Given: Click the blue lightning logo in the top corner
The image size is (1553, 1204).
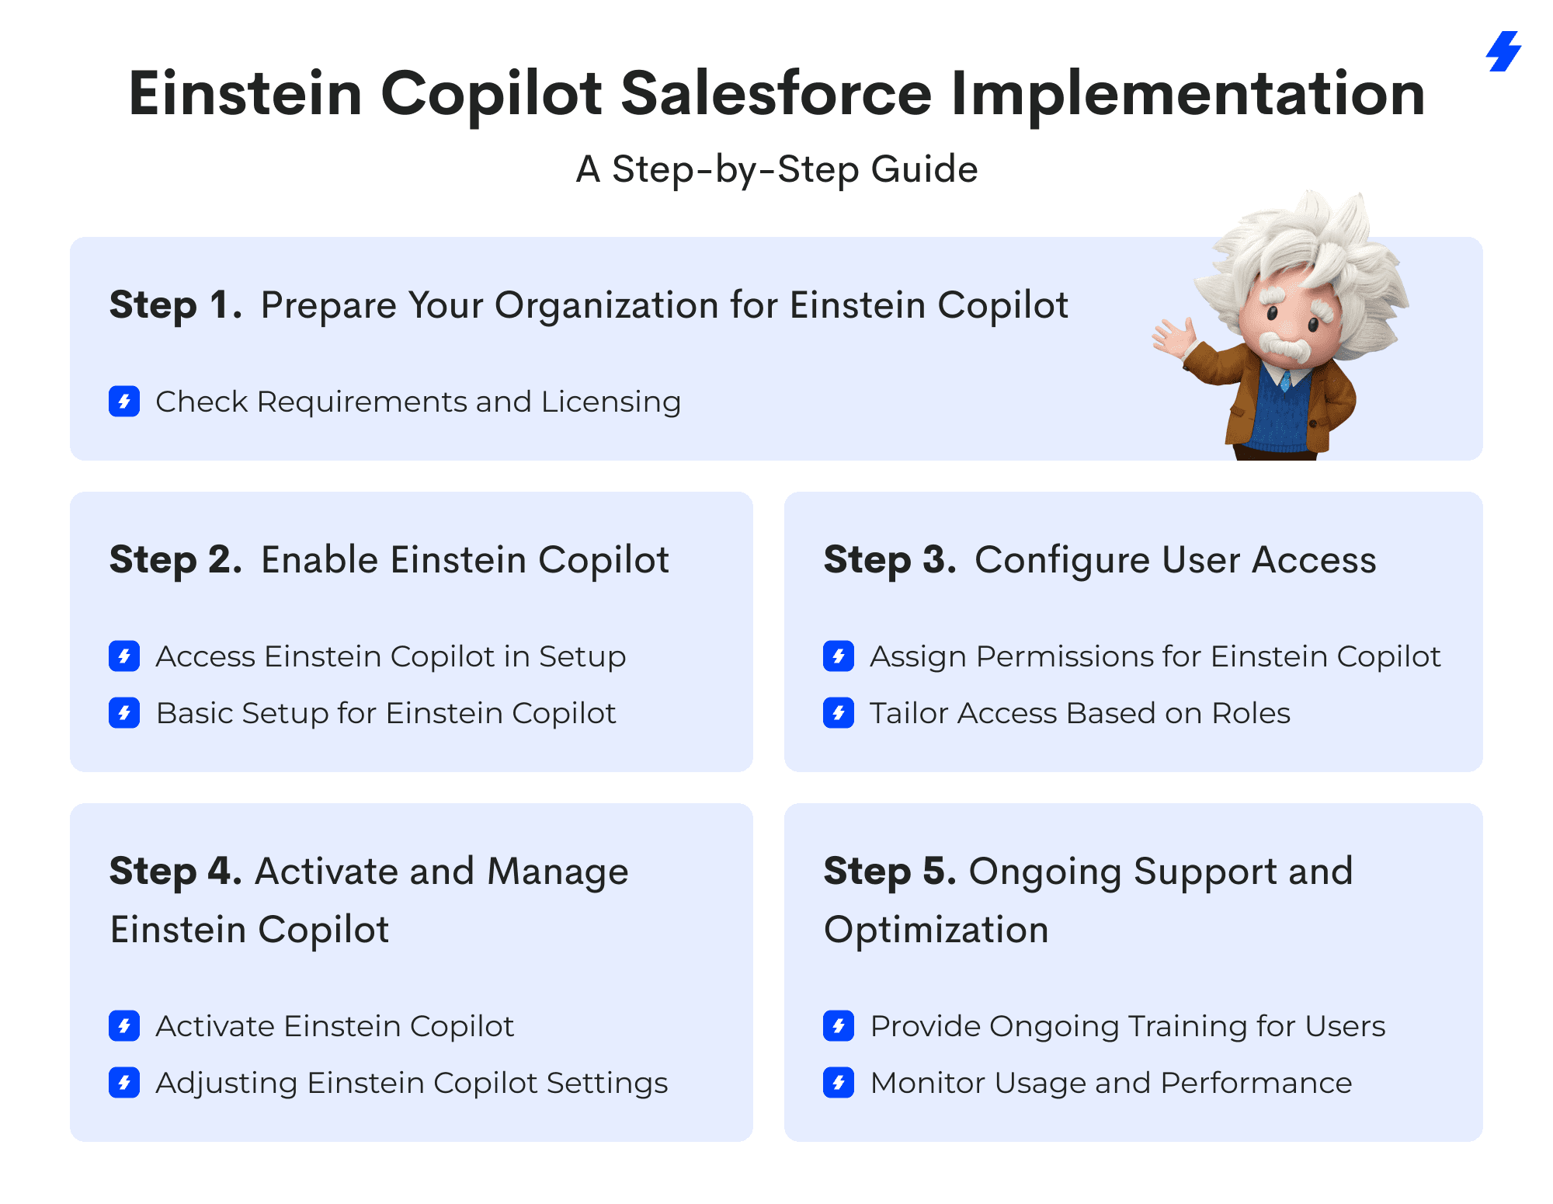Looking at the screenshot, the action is pyautogui.click(x=1504, y=51).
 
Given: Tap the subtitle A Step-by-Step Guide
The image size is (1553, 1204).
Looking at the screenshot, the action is pyautogui.click(x=776, y=170).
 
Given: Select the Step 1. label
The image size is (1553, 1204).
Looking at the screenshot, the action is pyautogui.click(x=175, y=305).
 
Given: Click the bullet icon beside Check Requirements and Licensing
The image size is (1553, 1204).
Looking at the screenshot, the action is pyautogui.click(x=124, y=402).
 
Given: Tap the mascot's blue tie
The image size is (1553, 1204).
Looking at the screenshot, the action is pyautogui.click(x=1286, y=380).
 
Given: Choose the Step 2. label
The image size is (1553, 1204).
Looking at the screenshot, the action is pyautogui.click(x=175, y=560).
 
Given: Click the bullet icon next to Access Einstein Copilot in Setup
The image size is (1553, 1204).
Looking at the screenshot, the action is pyautogui.click(x=124, y=656).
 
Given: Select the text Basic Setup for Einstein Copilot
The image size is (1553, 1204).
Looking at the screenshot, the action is pyautogui.click(x=386, y=714).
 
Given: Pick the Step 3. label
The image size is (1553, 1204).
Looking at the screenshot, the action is pyautogui.click(x=890, y=560).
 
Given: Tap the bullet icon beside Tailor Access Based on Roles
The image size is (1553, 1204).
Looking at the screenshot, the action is pyautogui.click(x=839, y=713).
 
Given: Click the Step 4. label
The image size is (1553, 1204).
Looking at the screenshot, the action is pyautogui.click(x=175, y=872).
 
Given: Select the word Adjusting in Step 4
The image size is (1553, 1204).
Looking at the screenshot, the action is pyautogui.click(x=226, y=1084).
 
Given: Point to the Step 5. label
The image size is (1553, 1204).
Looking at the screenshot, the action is pyautogui.click(x=890, y=872).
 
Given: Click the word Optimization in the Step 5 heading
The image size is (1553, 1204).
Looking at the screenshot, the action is pyautogui.click(x=936, y=931).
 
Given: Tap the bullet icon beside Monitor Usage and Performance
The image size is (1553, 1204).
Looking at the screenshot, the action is pyautogui.click(x=839, y=1083).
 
